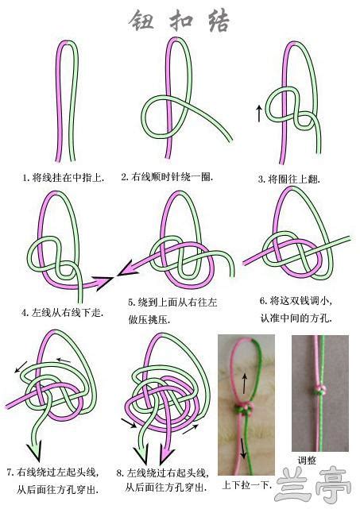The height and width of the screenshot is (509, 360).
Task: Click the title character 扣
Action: [181, 21]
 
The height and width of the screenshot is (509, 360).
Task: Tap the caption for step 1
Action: [64, 178]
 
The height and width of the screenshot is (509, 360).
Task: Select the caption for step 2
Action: [168, 177]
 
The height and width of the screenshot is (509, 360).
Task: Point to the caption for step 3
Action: [288, 179]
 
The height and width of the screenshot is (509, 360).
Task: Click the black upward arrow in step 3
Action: [259, 114]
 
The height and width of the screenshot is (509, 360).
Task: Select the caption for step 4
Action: [63, 313]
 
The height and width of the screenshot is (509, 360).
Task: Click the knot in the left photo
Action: [244, 408]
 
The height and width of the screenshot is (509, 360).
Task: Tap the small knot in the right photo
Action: [319, 390]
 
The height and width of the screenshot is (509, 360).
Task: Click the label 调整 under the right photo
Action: [307, 461]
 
